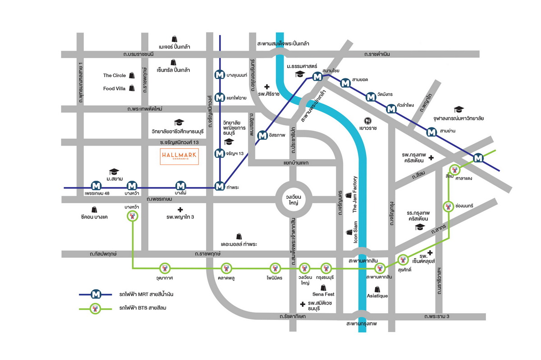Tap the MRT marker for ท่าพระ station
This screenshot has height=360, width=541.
coord(220,186)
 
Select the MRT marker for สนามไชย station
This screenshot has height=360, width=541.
coord(317,77)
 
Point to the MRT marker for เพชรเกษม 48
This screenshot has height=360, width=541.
coord(96,185)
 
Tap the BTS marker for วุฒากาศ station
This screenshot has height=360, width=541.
coord(165,269)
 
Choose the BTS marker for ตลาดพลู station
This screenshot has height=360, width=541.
coord(226,269)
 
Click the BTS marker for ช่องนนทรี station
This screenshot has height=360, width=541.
coord(448,206)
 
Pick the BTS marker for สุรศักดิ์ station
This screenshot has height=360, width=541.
coord(403,260)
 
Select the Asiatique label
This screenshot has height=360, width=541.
coord(377,296)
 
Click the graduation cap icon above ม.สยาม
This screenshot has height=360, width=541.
coord(114,172)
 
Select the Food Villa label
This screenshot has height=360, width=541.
coord(114,88)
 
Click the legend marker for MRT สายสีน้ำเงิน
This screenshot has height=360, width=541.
coord(96,294)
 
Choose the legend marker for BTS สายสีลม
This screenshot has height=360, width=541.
coord(96,309)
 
